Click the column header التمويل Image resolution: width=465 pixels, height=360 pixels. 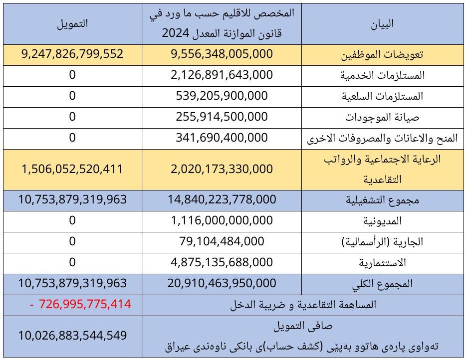(72, 23)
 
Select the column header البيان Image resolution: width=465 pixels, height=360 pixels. (383, 23)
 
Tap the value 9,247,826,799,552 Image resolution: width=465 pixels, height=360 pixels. (72, 54)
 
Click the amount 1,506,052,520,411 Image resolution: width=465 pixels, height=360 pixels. (72, 169)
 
